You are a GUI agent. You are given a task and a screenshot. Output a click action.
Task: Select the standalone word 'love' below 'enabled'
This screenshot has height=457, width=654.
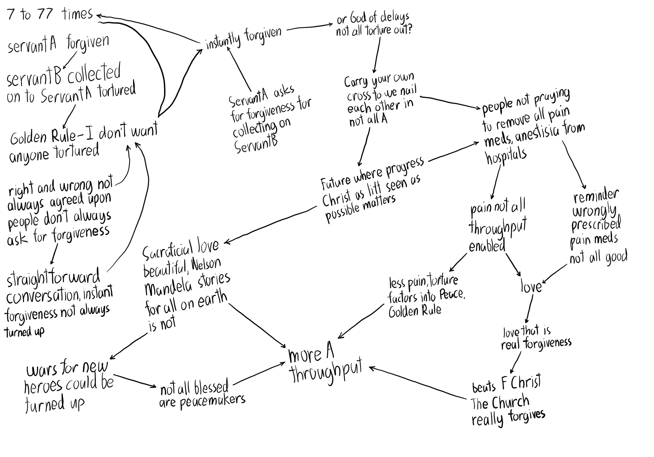(531, 286)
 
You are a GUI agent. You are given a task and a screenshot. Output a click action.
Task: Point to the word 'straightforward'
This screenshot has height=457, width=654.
(53, 278)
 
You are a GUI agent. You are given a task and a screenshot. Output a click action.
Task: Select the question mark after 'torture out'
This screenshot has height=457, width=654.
(409, 29)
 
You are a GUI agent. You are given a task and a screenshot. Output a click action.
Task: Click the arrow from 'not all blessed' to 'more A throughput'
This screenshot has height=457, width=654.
(259, 374)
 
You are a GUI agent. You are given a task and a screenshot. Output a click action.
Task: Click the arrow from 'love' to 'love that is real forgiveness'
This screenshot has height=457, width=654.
(529, 309)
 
